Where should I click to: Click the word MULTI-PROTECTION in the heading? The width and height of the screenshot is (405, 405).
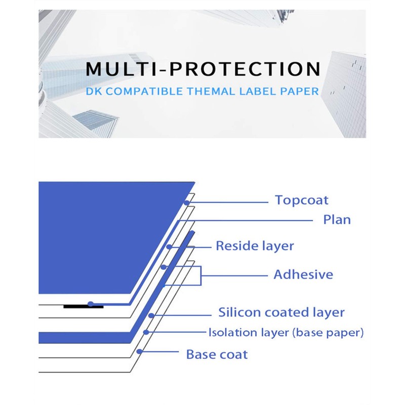(x=202, y=69)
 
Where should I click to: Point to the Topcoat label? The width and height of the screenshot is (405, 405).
(x=301, y=200)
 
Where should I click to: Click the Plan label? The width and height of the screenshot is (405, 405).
(x=337, y=220)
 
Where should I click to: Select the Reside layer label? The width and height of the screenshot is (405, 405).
(x=255, y=246)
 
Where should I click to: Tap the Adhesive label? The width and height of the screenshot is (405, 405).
(x=303, y=275)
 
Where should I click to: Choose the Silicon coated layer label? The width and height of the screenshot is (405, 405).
(x=281, y=312)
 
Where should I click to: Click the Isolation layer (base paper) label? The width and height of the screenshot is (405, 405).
(x=286, y=333)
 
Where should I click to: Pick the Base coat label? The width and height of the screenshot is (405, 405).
(x=217, y=354)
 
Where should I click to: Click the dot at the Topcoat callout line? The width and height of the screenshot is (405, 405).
(x=187, y=202)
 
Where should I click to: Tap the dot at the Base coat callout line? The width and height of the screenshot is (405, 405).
(x=140, y=351)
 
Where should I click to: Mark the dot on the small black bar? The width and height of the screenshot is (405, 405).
(x=90, y=304)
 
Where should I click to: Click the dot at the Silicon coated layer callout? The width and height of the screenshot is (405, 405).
(x=152, y=316)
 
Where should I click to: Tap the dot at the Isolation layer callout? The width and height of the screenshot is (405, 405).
(x=146, y=333)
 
